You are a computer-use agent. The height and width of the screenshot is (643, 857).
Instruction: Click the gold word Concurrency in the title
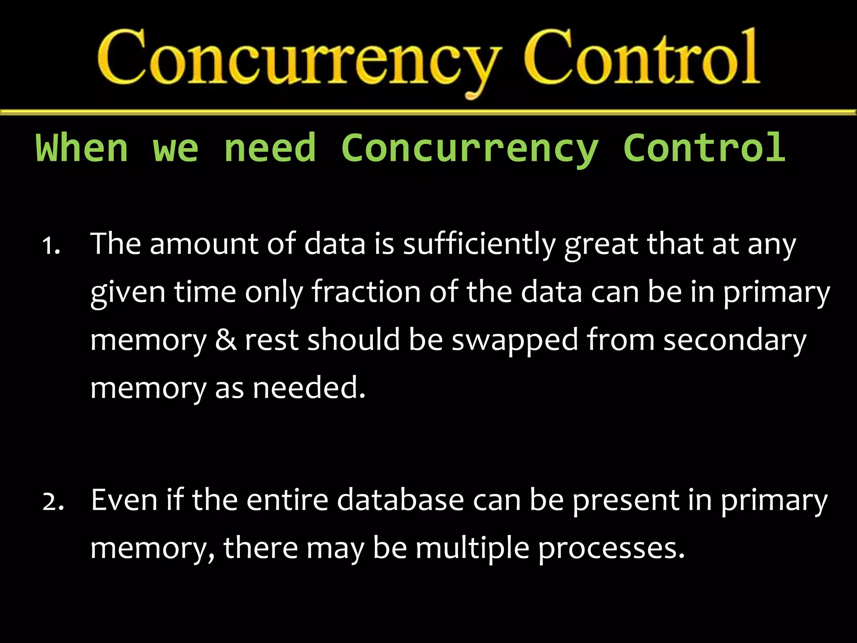point(299,59)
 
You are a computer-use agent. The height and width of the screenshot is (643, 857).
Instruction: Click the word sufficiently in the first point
point(479,244)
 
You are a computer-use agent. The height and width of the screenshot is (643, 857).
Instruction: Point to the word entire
point(287,500)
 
